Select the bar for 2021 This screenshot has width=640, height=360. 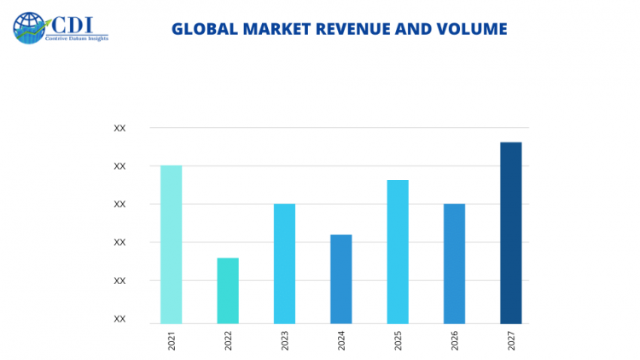click(171, 244)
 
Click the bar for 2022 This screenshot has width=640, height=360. click(228, 290)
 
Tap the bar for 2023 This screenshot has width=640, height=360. click(284, 263)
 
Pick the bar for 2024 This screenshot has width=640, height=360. click(340, 278)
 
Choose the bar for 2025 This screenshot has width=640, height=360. click(398, 251)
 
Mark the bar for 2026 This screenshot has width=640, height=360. click(454, 263)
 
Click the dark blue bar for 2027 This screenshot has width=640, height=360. click(510, 232)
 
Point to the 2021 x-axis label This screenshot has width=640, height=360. click(172, 342)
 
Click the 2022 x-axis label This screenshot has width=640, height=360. click(228, 342)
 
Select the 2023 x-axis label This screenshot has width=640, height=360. click(285, 342)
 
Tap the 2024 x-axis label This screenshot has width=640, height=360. click(341, 342)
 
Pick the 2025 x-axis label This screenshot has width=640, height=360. click(398, 342)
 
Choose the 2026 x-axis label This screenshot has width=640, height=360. click(454, 342)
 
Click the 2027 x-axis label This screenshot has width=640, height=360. click(511, 342)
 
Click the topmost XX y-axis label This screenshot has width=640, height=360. click(119, 128)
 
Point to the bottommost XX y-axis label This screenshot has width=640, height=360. click(119, 319)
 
